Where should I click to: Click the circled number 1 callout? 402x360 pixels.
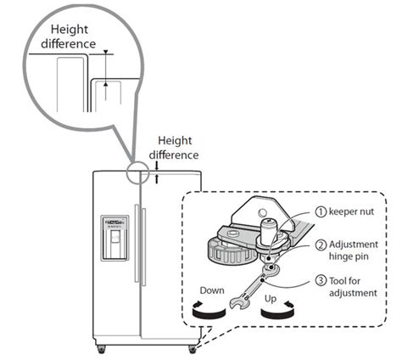pyautogui.click(x=321, y=211)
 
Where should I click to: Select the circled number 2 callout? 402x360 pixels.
pyautogui.click(x=321, y=245)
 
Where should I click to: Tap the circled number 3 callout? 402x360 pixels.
pyautogui.click(x=321, y=281)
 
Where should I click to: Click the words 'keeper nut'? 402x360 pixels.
pyautogui.click(x=351, y=211)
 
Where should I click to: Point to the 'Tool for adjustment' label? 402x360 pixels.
pyautogui.click(x=353, y=287)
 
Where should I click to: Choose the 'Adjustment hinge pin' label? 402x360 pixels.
pyautogui.click(x=354, y=250)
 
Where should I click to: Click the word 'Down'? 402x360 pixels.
pyautogui.click(x=212, y=290)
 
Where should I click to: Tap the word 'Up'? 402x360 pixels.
pyautogui.click(x=271, y=299)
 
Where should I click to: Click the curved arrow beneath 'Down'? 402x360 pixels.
pyautogui.click(x=209, y=312)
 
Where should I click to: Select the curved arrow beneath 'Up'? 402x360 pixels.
pyautogui.click(x=277, y=312)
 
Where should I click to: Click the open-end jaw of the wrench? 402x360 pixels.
pyautogui.click(x=237, y=303)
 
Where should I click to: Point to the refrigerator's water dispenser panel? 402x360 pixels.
pyautogui.click(x=114, y=238)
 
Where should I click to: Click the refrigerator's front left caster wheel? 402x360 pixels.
pyautogui.click(x=101, y=349)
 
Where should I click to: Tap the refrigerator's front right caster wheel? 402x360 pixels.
pyautogui.click(x=193, y=349)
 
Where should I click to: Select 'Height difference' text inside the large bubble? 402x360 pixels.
pyautogui.click(x=69, y=37)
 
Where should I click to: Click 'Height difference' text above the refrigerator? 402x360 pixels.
pyautogui.click(x=174, y=148)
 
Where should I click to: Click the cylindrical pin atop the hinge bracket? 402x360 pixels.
pyautogui.click(x=267, y=231)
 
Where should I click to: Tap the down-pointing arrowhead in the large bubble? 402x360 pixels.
pyautogui.click(x=106, y=52)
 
